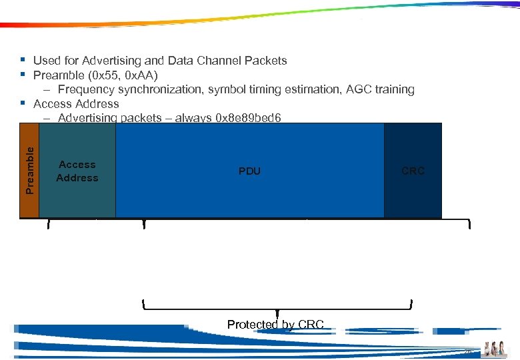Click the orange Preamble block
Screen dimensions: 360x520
click(x=29, y=171)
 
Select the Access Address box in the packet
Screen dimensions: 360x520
click(x=77, y=171)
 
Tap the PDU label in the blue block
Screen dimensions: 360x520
click(x=249, y=171)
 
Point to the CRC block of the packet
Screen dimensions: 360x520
click(x=413, y=171)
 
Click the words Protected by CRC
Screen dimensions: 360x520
click(x=275, y=325)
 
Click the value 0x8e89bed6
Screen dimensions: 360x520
click(x=249, y=119)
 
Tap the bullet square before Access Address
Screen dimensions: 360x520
click(x=23, y=103)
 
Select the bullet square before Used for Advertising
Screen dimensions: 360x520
click(x=23, y=60)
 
